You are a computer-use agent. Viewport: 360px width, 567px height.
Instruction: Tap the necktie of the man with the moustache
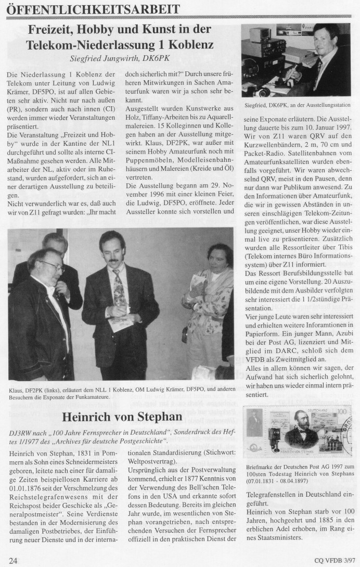[119, 292]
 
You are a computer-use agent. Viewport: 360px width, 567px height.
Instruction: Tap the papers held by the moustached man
[121, 324]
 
